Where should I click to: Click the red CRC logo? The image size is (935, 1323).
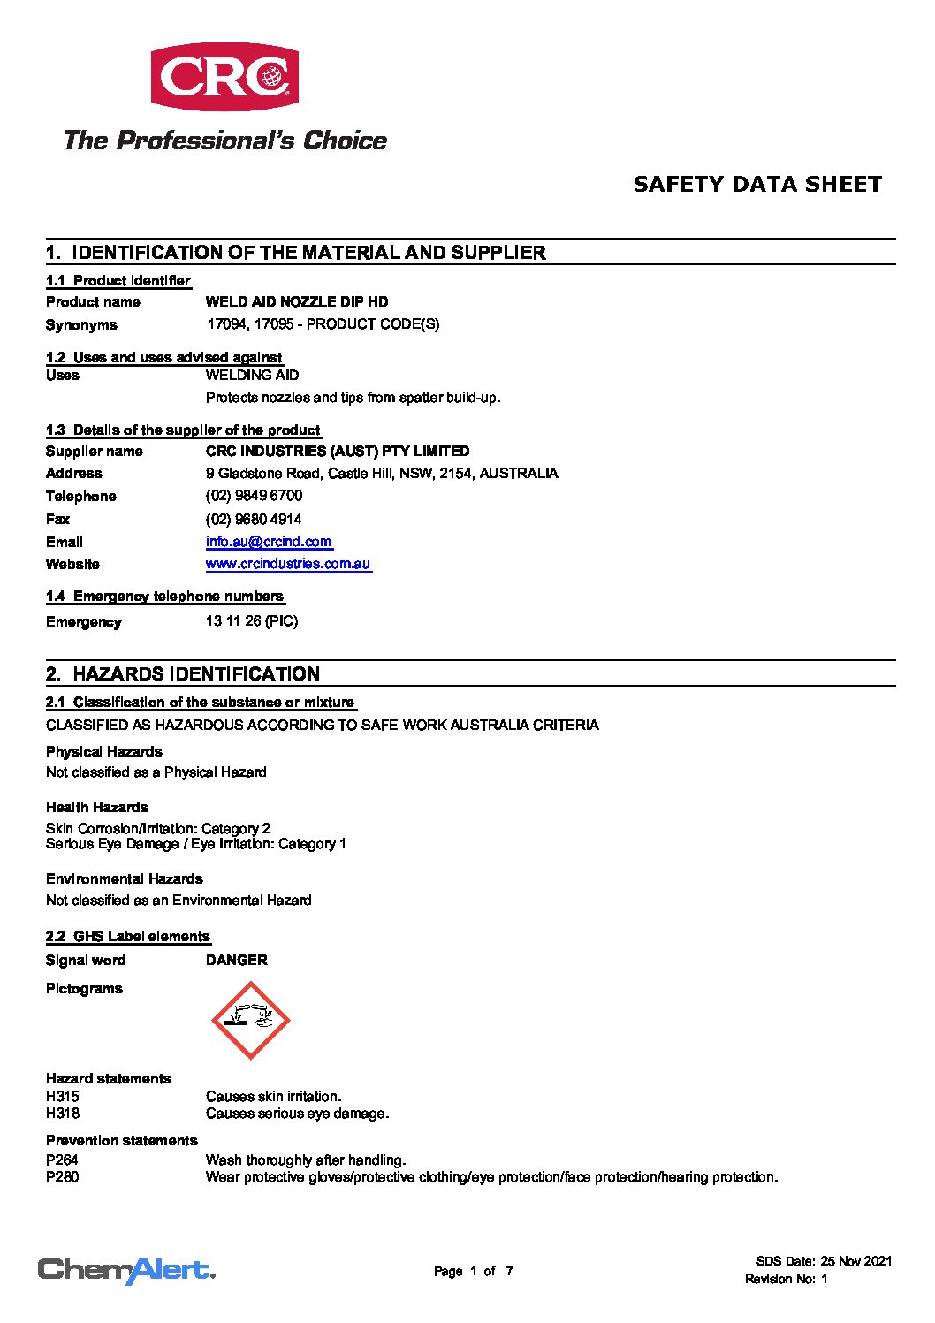pyautogui.click(x=224, y=77)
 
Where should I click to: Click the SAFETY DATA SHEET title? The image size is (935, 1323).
pyautogui.click(x=757, y=185)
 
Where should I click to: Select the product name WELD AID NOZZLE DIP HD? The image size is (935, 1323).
pyautogui.click(x=297, y=302)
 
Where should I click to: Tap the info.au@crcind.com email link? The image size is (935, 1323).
pyautogui.click(x=269, y=542)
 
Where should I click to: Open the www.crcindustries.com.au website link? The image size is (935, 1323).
pyautogui.click(x=288, y=564)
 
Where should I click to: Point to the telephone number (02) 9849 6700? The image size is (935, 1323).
pyautogui.click(x=254, y=496)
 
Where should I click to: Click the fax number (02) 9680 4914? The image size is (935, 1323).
pyautogui.click(x=254, y=519)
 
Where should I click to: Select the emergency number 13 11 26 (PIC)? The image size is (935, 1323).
pyautogui.click(x=252, y=621)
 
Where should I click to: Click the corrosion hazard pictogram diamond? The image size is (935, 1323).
pyautogui.click(x=251, y=1020)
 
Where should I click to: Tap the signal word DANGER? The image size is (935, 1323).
pyautogui.click(x=236, y=960)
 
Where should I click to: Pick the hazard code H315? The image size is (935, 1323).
pyautogui.click(x=63, y=1097)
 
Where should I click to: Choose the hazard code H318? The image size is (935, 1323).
pyautogui.click(x=63, y=1114)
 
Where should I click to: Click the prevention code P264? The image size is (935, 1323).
pyautogui.click(x=63, y=1160)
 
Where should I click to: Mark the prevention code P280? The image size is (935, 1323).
pyautogui.click(x=63, y=1177)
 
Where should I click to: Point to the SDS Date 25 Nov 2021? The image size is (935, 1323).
pyautogui.click(x=824, y=1261)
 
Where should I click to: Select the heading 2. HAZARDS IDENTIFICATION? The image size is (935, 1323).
pyautogui.click(x=183, y=674)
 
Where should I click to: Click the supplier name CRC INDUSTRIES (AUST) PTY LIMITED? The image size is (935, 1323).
pyautogui.click(x=338, y=452)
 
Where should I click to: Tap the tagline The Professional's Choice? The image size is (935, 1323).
pyautogui.click(x=225, y=141)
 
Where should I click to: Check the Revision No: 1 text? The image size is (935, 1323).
pyautogui.click(x=786, y=1279)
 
